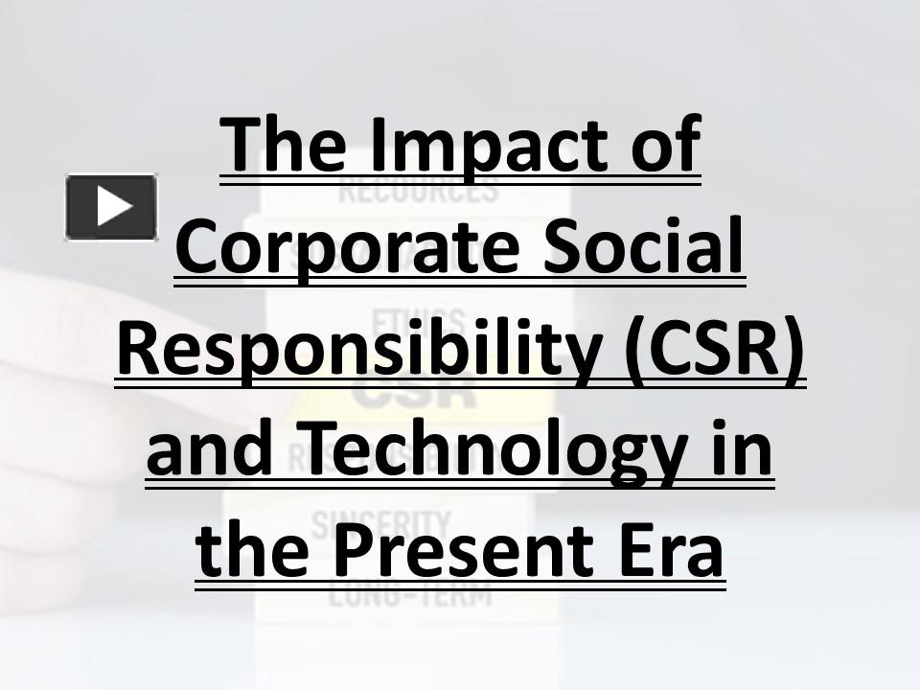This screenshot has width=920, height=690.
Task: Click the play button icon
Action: [x=111, y=206]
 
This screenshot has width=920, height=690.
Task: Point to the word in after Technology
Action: [x=742, y=454]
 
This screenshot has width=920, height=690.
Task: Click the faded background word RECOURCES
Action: [x=419, y=189]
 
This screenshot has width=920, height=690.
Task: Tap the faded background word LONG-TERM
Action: [x=409, y=594]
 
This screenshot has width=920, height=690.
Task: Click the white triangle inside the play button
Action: [x=113, y=206]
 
